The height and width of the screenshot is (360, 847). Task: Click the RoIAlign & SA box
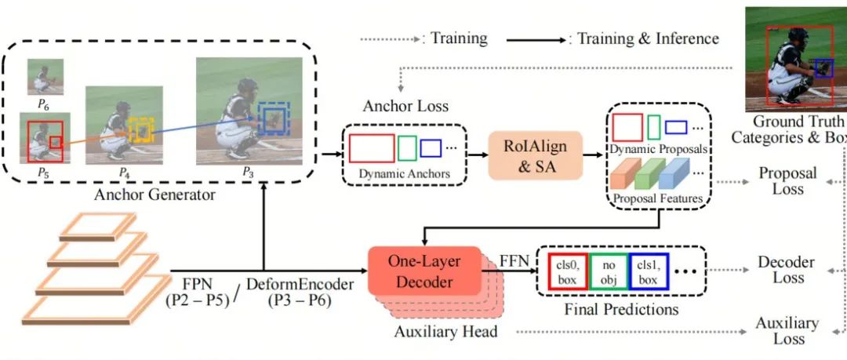(536, 155)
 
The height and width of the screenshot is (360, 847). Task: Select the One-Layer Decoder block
(424, 271)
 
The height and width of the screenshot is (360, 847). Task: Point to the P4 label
(125, 173)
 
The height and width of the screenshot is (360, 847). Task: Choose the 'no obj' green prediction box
(609, 271)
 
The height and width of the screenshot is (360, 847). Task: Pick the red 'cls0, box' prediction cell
(568, 271)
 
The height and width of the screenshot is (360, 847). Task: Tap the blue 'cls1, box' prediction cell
(649, 271)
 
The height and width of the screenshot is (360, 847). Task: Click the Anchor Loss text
(405, 105)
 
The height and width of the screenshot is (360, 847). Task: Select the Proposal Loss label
(787, 181)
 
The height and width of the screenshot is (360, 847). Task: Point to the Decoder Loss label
(787, 270)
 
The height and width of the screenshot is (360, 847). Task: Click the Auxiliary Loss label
(787, 331)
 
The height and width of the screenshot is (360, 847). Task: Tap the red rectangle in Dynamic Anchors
(372, 148)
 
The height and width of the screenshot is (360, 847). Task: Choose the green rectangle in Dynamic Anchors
(407, 148)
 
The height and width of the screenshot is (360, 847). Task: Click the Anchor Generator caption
(154, 195)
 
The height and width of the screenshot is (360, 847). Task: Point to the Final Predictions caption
(621, 309)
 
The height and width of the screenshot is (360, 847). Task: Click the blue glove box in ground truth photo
(823, 67)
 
